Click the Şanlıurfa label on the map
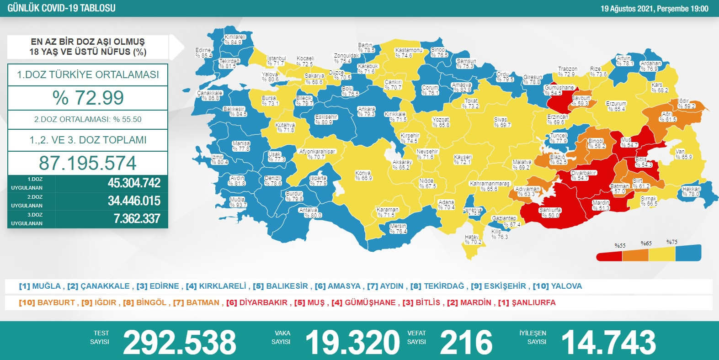(550, 213)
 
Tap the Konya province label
(363, 175)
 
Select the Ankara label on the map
(367, 111)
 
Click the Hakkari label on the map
(691, 191)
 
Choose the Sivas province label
(502, 122)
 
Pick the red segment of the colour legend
(609, 256)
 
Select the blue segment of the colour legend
(688, 253)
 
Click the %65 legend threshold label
(646, 244)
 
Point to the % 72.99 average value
(88, 98)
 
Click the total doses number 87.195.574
(88, 163)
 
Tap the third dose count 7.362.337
(137, 219)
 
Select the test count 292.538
(179, 343)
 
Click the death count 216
(466, 343)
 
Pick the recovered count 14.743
(608, 343)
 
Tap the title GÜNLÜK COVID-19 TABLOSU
(61, 8)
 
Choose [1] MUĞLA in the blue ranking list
(40, 286)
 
